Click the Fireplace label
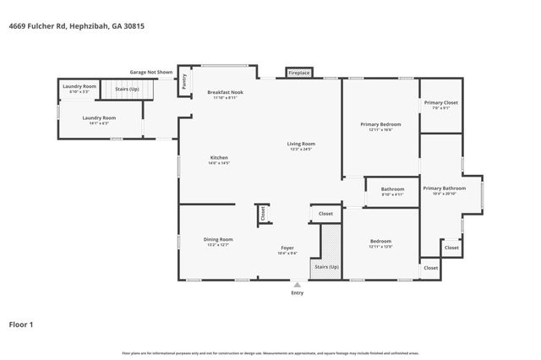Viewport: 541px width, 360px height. [299, 74]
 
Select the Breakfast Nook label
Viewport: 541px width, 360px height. [225, 92]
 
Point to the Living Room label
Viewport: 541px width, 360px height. [302, 144]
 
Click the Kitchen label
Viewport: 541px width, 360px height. [219, 158]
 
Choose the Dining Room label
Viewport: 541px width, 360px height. [218, 239]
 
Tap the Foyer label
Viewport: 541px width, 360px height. [287, 248]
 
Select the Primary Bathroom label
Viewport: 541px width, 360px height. [444, 188]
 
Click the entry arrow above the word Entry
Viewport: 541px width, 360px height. [297, 286]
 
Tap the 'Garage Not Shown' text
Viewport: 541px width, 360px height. [151, 72]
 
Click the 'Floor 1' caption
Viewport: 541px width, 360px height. [21, 324]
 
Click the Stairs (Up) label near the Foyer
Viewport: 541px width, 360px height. [326, 265]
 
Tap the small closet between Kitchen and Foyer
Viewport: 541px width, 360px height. [262, 214]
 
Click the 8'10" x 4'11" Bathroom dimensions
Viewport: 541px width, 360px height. [392, 194]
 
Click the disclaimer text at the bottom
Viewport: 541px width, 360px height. [270, 352]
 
